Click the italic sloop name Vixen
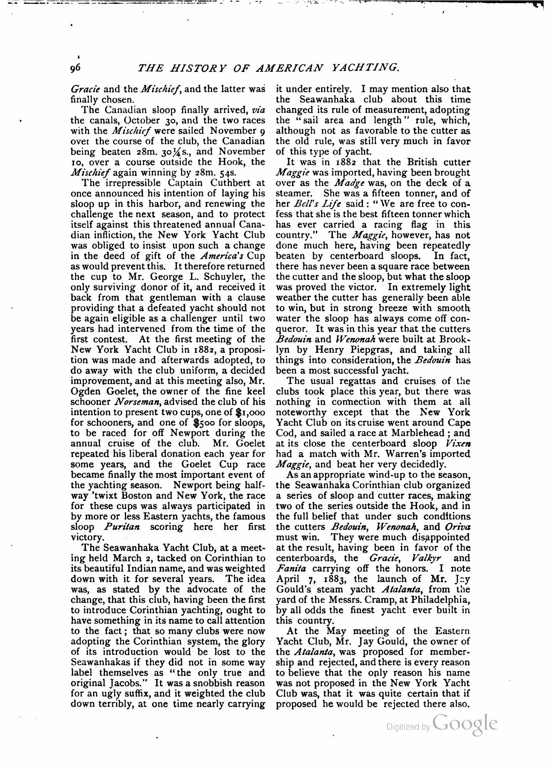458,443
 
